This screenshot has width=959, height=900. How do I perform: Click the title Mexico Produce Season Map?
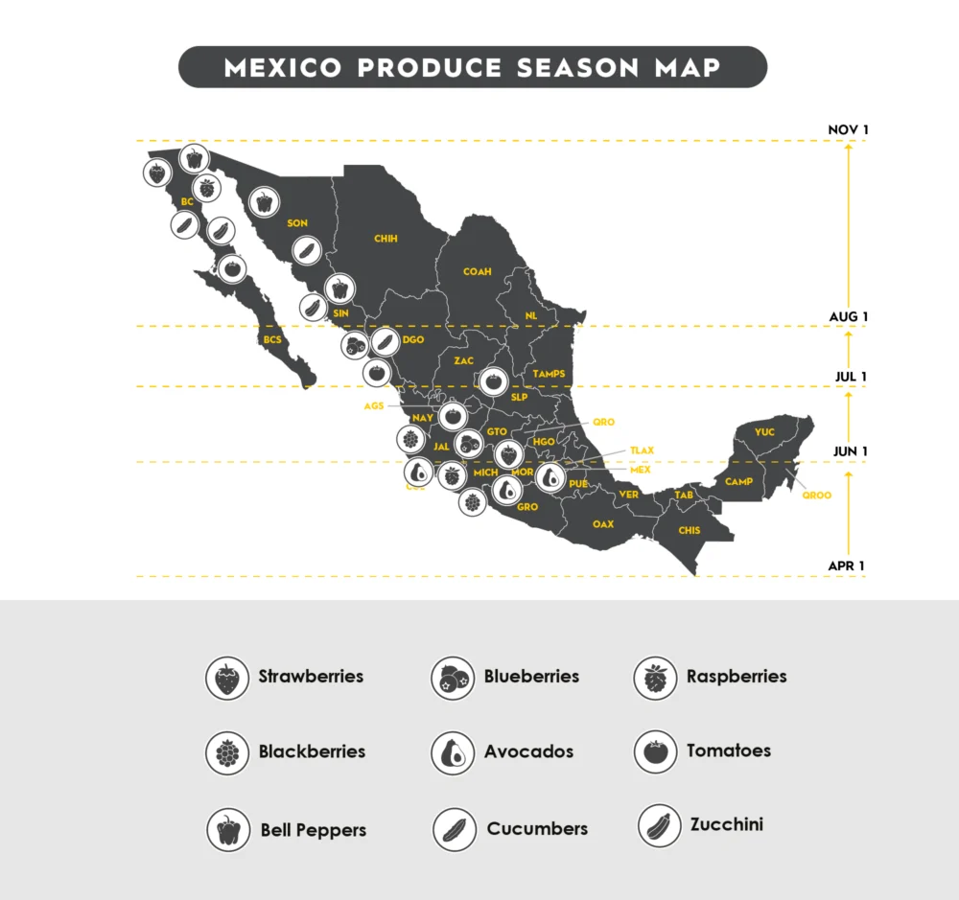(x=473, y=68)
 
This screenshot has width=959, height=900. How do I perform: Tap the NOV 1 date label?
(x=848, y=130)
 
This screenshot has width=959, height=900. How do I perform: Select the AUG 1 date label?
(x=848, y=317)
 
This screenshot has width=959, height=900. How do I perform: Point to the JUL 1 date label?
(x=851, y=377)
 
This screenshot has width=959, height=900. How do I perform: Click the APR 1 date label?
(x=847, y=566)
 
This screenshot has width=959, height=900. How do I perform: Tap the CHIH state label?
(x=386, y=239)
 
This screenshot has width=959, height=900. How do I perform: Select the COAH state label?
(x=477, y=272)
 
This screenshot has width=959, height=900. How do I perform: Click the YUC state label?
(x=764, y=432)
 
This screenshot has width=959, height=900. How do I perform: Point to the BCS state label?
(x=272, y=339)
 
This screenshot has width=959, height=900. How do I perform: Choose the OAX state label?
(x=603, y=524)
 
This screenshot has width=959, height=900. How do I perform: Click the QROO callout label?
(x=817, y=496)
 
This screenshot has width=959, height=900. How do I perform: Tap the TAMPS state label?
(x=549, y=374)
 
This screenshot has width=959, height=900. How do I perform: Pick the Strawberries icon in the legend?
(x=227, y=679)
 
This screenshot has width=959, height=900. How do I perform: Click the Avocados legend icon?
(x=453, y=753)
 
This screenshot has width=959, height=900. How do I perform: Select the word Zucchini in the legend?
(x=726, y=824)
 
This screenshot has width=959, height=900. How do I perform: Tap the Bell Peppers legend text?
(x=313, y=831)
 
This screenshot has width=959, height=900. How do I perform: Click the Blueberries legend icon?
(x=453, y=679)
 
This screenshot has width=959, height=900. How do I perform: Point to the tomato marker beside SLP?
(x=492, y=381)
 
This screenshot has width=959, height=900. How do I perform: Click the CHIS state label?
(x=690, y=530)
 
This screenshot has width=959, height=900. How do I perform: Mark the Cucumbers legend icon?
(x=454, y=830)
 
